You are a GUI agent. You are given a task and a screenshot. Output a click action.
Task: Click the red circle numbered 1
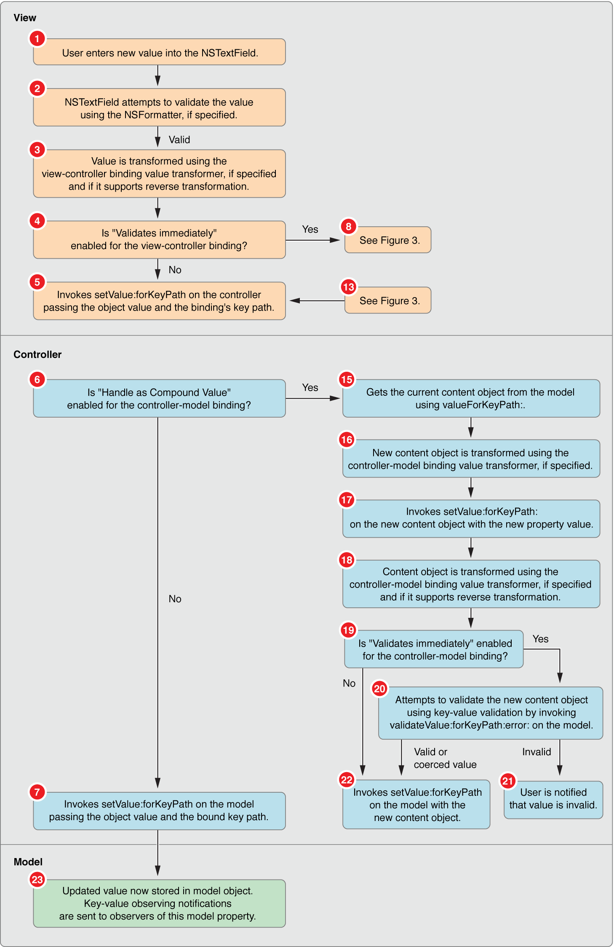pos(37,39)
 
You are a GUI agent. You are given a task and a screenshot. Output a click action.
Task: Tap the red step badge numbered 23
pos(37,880)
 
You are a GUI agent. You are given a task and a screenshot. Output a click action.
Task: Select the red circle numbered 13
pos(348,287)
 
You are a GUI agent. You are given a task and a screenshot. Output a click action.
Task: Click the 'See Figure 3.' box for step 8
pos(388,240)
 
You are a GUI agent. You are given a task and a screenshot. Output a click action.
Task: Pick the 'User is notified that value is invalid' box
pos(553,799)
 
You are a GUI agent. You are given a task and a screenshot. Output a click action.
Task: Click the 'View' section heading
pos(25,18)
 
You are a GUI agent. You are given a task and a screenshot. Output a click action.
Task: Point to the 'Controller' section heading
pos(37,354)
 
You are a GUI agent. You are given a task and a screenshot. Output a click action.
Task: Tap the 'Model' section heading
pos(28,862)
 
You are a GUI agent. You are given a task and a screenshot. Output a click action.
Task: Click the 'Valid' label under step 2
pos(179,140)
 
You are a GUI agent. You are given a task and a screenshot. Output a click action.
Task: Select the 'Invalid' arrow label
pos(536,752)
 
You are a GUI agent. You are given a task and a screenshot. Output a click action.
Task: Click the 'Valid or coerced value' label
pos(445,758)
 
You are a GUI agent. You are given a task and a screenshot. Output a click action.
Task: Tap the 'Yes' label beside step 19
pos(540,639)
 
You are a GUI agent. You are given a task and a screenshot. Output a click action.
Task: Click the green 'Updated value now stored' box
pos(159,904)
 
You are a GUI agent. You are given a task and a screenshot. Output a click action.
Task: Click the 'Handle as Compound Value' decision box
pos(159,399)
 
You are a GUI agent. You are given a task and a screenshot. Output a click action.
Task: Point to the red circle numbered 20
pos(379,689)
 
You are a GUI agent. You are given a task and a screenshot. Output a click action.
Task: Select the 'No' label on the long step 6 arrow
pos(175,599)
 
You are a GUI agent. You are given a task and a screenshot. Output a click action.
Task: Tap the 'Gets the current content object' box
pos(471,399)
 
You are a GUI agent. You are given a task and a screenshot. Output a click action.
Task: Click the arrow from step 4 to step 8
pos(312,240)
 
